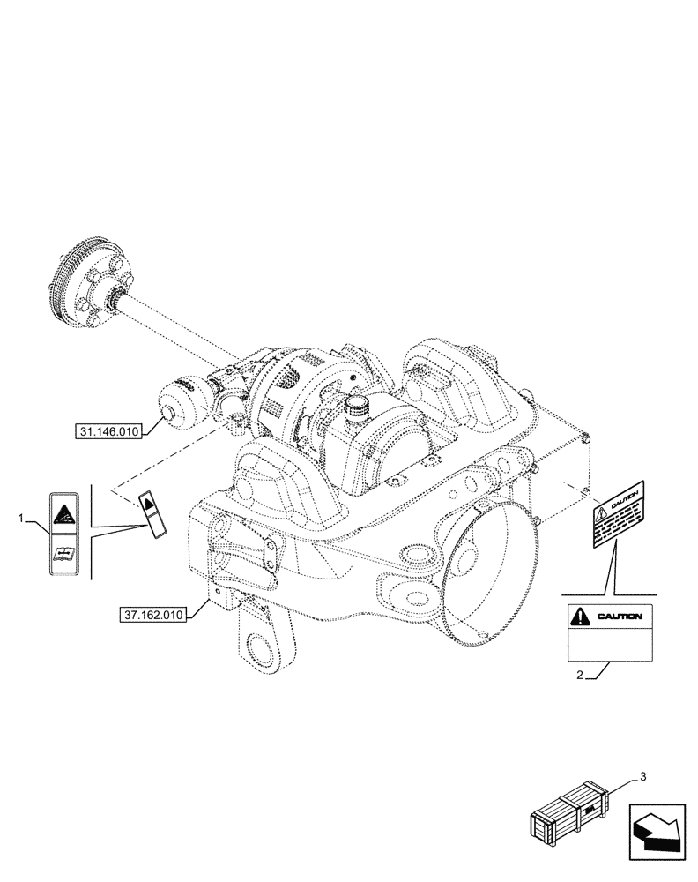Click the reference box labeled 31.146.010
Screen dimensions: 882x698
110,430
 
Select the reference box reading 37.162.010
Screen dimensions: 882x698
153,615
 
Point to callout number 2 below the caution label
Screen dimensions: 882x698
580,676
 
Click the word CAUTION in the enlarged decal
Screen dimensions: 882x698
622,617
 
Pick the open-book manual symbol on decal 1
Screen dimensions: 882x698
64,554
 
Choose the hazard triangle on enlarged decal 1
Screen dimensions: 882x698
64,514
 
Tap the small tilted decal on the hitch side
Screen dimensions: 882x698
151,514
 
